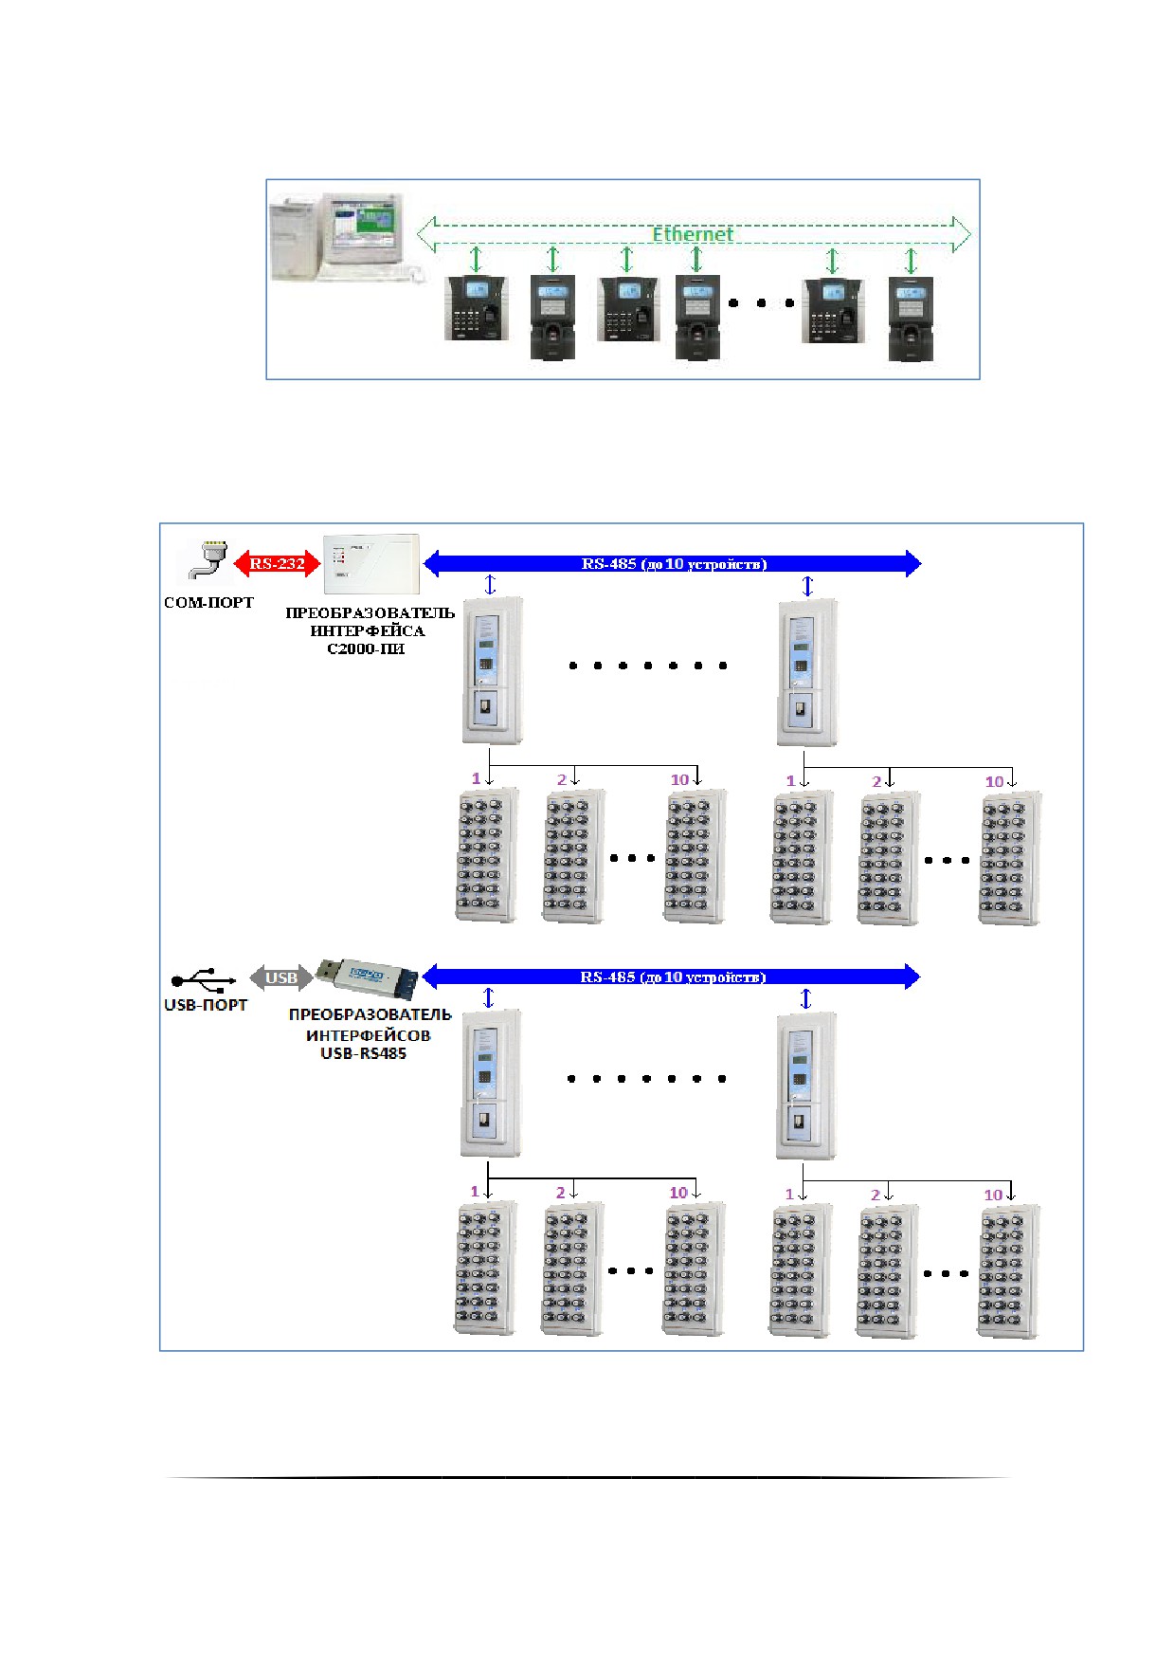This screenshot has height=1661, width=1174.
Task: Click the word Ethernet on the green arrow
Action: coord(692,233)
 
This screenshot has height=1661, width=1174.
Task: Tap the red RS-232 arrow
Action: coord(277,563)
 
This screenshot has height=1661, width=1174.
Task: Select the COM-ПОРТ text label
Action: coord(209,602)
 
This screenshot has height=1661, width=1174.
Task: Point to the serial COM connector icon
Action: coord(208,559)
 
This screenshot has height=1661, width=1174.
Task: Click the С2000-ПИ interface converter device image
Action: coord(370,564)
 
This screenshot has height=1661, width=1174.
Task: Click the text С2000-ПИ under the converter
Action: coord(366,649)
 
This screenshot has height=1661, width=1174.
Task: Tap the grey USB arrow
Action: coord(281,977)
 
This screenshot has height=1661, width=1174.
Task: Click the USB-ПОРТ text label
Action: coord(206,1005)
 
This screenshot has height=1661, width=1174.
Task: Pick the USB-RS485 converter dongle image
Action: coord(367,977)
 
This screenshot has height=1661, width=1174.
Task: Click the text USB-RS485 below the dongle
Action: coord(364,1053)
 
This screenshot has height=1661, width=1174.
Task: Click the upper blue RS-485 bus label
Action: coord(674,564)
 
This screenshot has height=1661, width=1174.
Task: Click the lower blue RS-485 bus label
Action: coord(673,977)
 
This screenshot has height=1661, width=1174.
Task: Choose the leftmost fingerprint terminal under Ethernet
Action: coord(477,308)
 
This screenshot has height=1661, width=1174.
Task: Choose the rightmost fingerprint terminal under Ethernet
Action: coord(911,319)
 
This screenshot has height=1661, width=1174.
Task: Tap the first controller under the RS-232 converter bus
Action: coord(492,670)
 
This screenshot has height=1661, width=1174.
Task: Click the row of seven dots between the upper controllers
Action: coord(648,666)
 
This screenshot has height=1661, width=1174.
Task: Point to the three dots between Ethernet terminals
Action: coord(761,303)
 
